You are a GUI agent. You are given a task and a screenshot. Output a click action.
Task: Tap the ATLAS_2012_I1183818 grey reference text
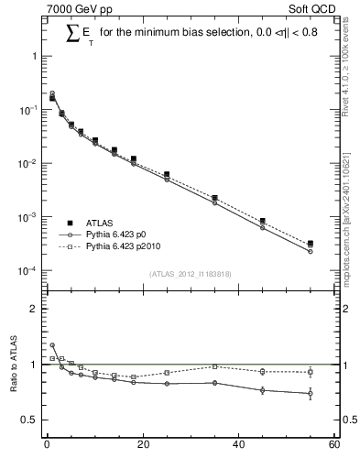190,274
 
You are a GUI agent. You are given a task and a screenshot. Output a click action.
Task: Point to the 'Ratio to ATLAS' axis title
13,364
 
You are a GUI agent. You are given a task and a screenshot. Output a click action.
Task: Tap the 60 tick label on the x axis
333,446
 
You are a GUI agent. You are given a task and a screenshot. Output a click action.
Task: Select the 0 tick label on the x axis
47,446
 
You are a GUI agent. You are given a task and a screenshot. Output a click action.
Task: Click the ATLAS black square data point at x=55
311,244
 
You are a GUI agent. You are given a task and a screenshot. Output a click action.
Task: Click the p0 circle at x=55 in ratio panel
311,394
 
